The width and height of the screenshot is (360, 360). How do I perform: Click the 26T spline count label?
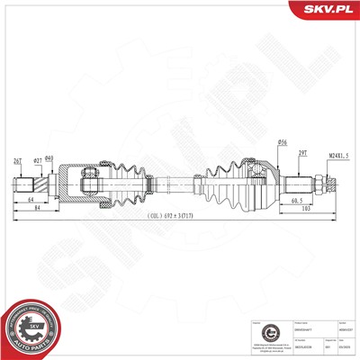(x=18, y=161)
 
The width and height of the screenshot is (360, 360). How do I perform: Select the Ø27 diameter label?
(x=37, y=161)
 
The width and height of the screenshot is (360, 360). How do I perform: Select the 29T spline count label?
(x=302, y=154)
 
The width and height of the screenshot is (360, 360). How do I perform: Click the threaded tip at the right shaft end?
(x=331, y=186)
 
